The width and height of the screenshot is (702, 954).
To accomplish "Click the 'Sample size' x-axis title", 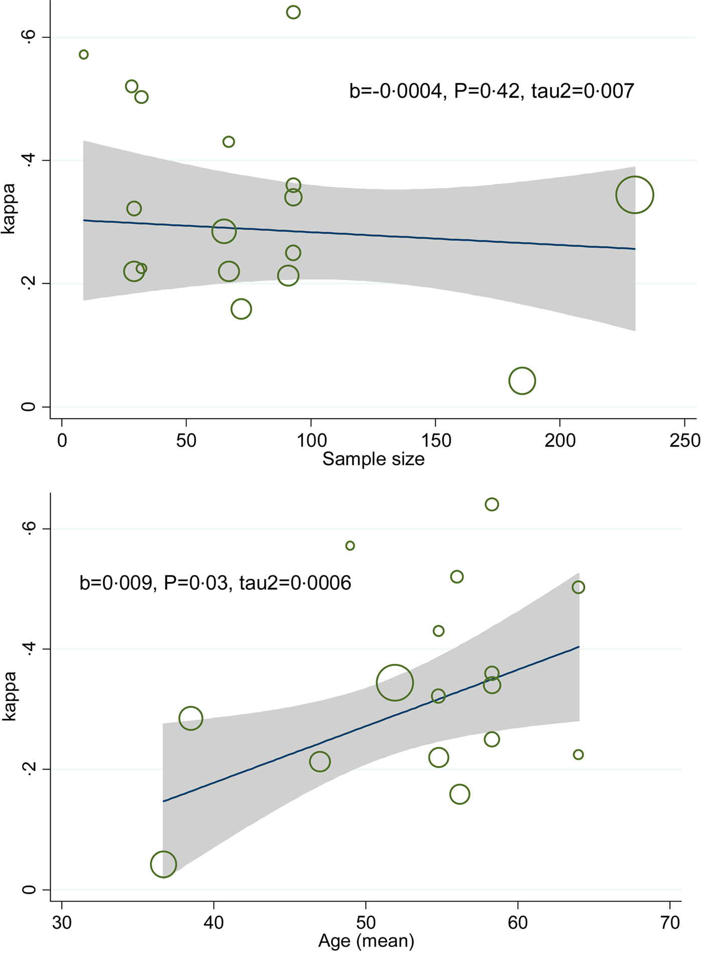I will [373, 459].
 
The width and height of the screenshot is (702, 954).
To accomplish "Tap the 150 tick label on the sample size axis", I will [436, 441].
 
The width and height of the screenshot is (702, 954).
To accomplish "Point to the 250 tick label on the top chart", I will [685, 441].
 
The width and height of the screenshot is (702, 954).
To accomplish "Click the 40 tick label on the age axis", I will [214, 922].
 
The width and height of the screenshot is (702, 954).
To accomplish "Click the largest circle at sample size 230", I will [634, 195].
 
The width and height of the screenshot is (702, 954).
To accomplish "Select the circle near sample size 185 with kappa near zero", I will [522, 381].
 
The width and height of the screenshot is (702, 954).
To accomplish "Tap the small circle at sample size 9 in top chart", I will [84, 54].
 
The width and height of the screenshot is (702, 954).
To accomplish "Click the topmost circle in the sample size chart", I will [293, 12].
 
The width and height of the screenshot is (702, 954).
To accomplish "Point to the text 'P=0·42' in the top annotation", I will [486, 91].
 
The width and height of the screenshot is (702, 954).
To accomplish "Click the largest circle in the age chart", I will [395, 683].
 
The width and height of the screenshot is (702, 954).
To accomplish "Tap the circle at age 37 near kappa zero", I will [163, 864].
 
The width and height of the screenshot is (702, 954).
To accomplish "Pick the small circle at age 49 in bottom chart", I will [350, 546].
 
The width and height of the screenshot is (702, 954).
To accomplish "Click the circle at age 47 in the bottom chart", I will [320, 761].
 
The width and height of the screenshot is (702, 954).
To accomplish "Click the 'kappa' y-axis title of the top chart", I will [9, 208].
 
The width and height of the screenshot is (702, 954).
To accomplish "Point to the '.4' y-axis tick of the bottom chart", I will [29, 649].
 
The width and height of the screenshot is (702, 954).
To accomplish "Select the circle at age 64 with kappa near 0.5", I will [578, 587].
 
